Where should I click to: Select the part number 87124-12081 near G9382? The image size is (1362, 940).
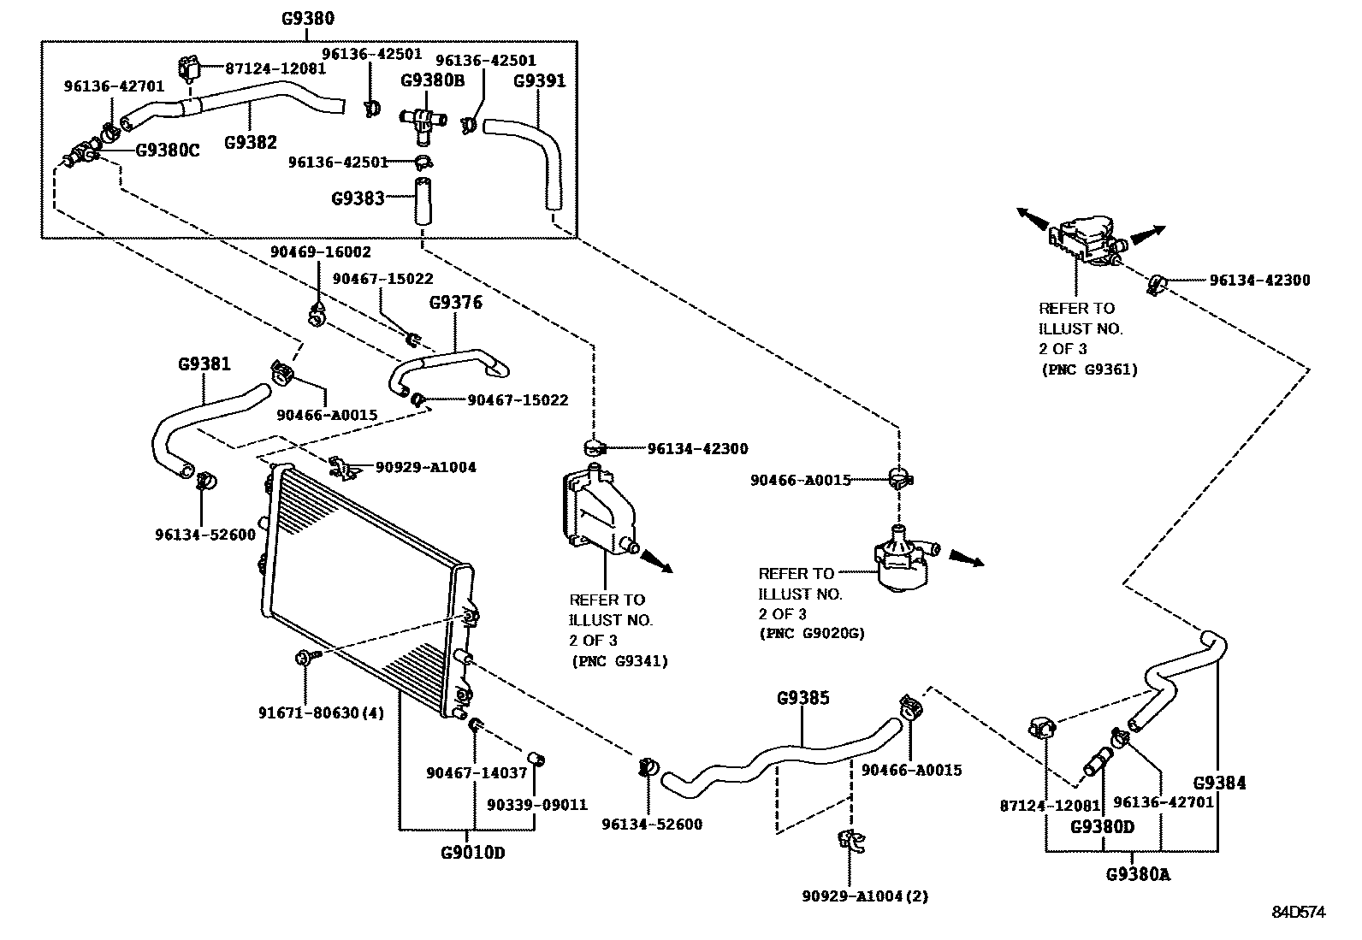[275, 68]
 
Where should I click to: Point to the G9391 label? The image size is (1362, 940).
[539, 81]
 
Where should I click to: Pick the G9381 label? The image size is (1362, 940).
[204, 364]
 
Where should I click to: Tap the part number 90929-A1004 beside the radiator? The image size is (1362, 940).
[425, 467]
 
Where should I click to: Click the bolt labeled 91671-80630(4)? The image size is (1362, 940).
[304, 658]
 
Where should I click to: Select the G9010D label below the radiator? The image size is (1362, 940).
[472, 853]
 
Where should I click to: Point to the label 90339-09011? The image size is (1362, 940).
[537, 805]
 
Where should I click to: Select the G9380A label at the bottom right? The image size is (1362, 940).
[1137, 874]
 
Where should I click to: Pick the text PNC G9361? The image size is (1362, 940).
[1089, 369]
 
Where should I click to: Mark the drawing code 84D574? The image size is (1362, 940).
[1297, 913]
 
